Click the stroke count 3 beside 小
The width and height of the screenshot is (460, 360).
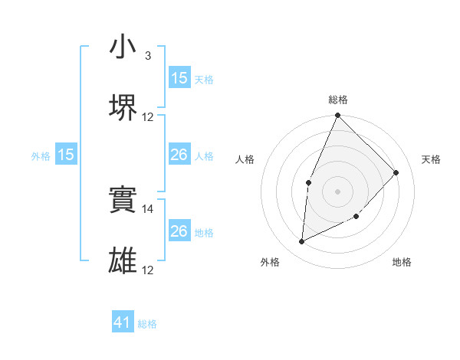pos(148,56)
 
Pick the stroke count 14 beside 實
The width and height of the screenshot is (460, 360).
pos(148,208)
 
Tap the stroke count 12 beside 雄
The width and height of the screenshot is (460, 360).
pos(148,270)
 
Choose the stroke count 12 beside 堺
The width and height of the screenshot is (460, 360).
pos(148,117)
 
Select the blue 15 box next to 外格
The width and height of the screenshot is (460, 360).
pos(66,155)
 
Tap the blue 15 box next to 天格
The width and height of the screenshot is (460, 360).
pos(179,78)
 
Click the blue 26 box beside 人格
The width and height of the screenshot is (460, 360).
pos(179,155)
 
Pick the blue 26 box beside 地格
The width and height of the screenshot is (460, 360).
pos(179,231)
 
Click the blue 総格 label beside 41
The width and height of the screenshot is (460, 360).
pos(147,324)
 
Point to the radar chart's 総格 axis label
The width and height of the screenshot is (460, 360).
pos(337,100)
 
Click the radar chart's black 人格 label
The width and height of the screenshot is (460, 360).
pos(245,159)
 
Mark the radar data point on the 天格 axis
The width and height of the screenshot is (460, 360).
pos(396,172)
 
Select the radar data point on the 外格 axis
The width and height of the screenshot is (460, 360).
pos(301,242)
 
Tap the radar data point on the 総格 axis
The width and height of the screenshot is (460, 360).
pos(337,116)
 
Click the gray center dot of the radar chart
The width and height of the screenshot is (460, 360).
pos(337,191)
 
